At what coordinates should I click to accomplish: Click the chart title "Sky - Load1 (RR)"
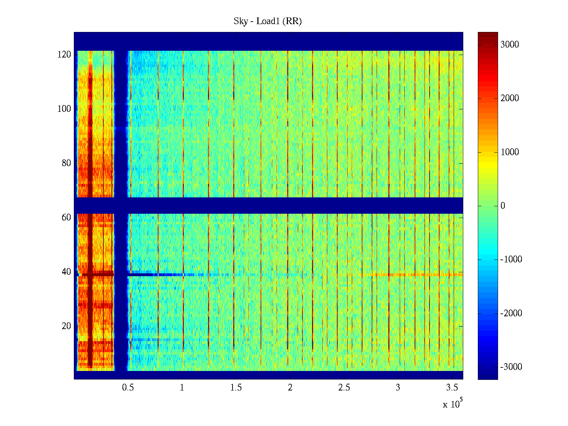(x=268, y=21)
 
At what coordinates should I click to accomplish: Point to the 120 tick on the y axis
(x=64, y=55)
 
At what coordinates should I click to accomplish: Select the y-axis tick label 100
(x=64, y=109)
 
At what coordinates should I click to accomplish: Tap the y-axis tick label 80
(x=66, y=163)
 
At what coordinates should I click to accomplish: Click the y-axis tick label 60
(x=66, y=218)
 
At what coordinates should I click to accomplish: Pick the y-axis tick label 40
(x=66, y=272)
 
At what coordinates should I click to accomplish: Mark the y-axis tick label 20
(x=66, y=326)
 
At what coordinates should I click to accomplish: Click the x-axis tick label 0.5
(x=128, y=388)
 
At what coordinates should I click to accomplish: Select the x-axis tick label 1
(x=182, y=388)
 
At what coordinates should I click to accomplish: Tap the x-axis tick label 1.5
(x=236, y=388)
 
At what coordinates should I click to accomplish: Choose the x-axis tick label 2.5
(x=344, y=388)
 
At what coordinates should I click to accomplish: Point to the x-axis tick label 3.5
(x=452, y=388)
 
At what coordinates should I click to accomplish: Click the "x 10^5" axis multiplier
(x=452, y=404)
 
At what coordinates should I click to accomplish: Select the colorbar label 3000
(x=510, y=44)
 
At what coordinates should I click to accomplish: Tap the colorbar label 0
(x=503, y=206)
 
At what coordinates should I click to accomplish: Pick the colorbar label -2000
(x=511, y=313)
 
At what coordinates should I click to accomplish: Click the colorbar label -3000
(x=511, y=367)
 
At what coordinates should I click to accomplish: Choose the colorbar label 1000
(x=510, y=152)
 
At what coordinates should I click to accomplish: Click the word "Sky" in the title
(x=240, y=21)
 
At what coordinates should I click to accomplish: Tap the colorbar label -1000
(x=511, y=260)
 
